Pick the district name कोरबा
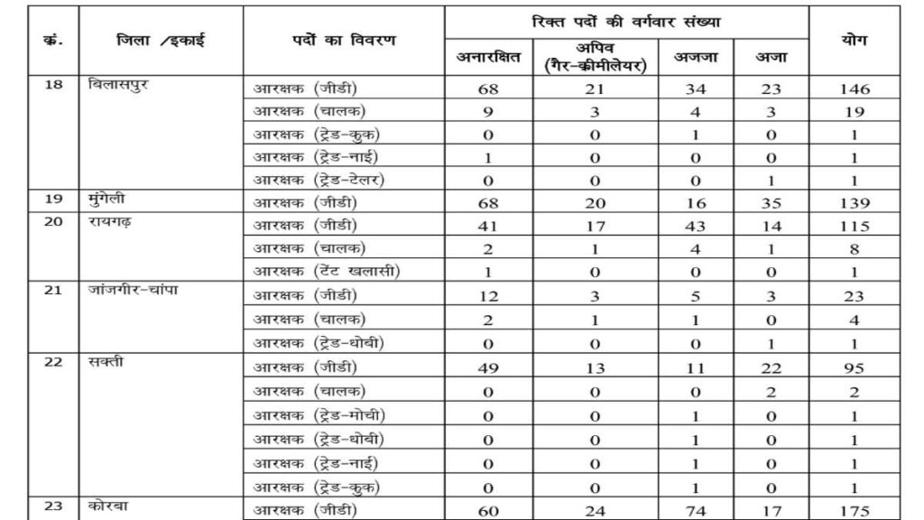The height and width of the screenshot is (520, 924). click(x=111, y=506)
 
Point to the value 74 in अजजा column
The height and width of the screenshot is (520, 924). click(x=697, y=509)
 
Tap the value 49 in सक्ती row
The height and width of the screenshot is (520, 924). click(x=488, y=368)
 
